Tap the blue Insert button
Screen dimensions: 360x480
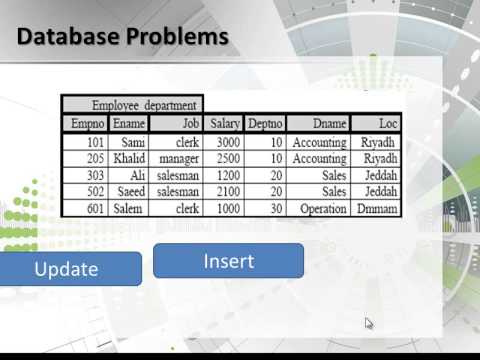tap(228, 261)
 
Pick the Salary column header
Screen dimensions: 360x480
tap(224, 123)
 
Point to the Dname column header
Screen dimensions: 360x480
tap(319, 123)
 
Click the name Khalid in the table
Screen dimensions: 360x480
tap(127, 158)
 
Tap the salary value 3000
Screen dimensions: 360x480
tap(227, 142)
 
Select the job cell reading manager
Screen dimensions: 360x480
tap(179, 158)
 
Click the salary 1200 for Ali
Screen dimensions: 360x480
tap(227, 175)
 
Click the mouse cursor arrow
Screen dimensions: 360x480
tap(369, 323)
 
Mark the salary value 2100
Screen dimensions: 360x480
tap(227, 192)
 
